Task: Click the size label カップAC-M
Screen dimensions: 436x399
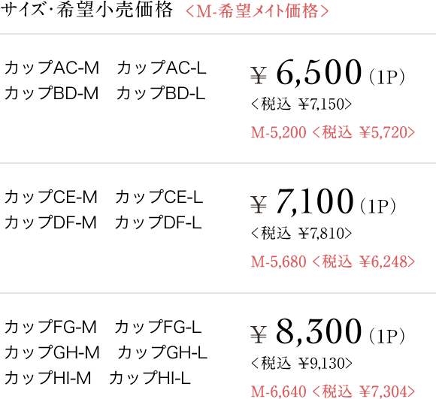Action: [x=52, y=68]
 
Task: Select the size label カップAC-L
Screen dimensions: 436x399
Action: [x=162, y=68]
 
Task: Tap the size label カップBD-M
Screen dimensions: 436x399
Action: [x=52, y=93]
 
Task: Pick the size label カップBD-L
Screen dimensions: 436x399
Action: [x=161, y=93]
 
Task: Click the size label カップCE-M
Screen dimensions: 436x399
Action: [x=51, y=197]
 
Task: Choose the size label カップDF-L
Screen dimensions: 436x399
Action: [x=159, y=222]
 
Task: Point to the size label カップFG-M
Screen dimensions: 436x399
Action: [x=50, y=327]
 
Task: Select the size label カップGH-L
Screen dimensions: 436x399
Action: [x=162, y=352]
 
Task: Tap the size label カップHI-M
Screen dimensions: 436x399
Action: [x=48, y=378]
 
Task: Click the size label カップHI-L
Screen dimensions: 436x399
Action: [x=150, y=378]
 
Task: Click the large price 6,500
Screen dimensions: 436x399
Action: [x=319, y=72]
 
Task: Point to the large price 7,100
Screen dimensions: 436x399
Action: [x=315, y=201]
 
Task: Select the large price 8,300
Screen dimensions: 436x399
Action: [x=319, y=331]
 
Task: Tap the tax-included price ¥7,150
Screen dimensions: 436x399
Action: [x=321, y=104]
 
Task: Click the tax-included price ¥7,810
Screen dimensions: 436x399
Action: [x=321, y=234]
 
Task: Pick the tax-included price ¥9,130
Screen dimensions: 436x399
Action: [x=321, y=363]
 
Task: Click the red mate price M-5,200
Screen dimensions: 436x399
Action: [x=279, y=132]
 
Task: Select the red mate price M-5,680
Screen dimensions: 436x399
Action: [x=279, y=261]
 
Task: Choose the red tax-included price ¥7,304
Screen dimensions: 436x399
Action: [x=383, y=391]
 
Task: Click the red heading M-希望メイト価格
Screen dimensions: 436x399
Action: [x=257, y=11]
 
